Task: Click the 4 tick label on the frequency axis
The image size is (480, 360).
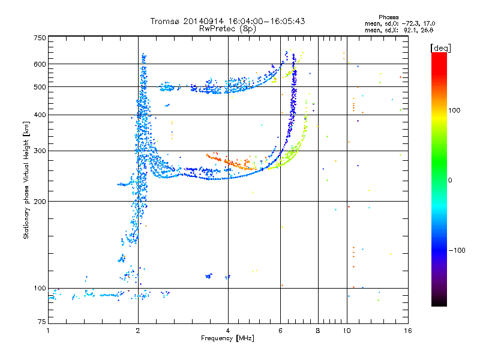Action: pyautogui.click(x=228, y=331)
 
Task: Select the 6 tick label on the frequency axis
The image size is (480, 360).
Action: pyautogui.click(x=280, y=331)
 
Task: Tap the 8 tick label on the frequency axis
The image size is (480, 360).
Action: pyautogui.click(x=318, y=331)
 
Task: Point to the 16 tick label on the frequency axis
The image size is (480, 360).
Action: pyautogui.click(x=407, y=331)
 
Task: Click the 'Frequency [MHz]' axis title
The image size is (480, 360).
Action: pyautogui.click(x=227, y=339)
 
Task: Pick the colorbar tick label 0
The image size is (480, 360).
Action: pyautogui.click(x=450, y=180)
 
